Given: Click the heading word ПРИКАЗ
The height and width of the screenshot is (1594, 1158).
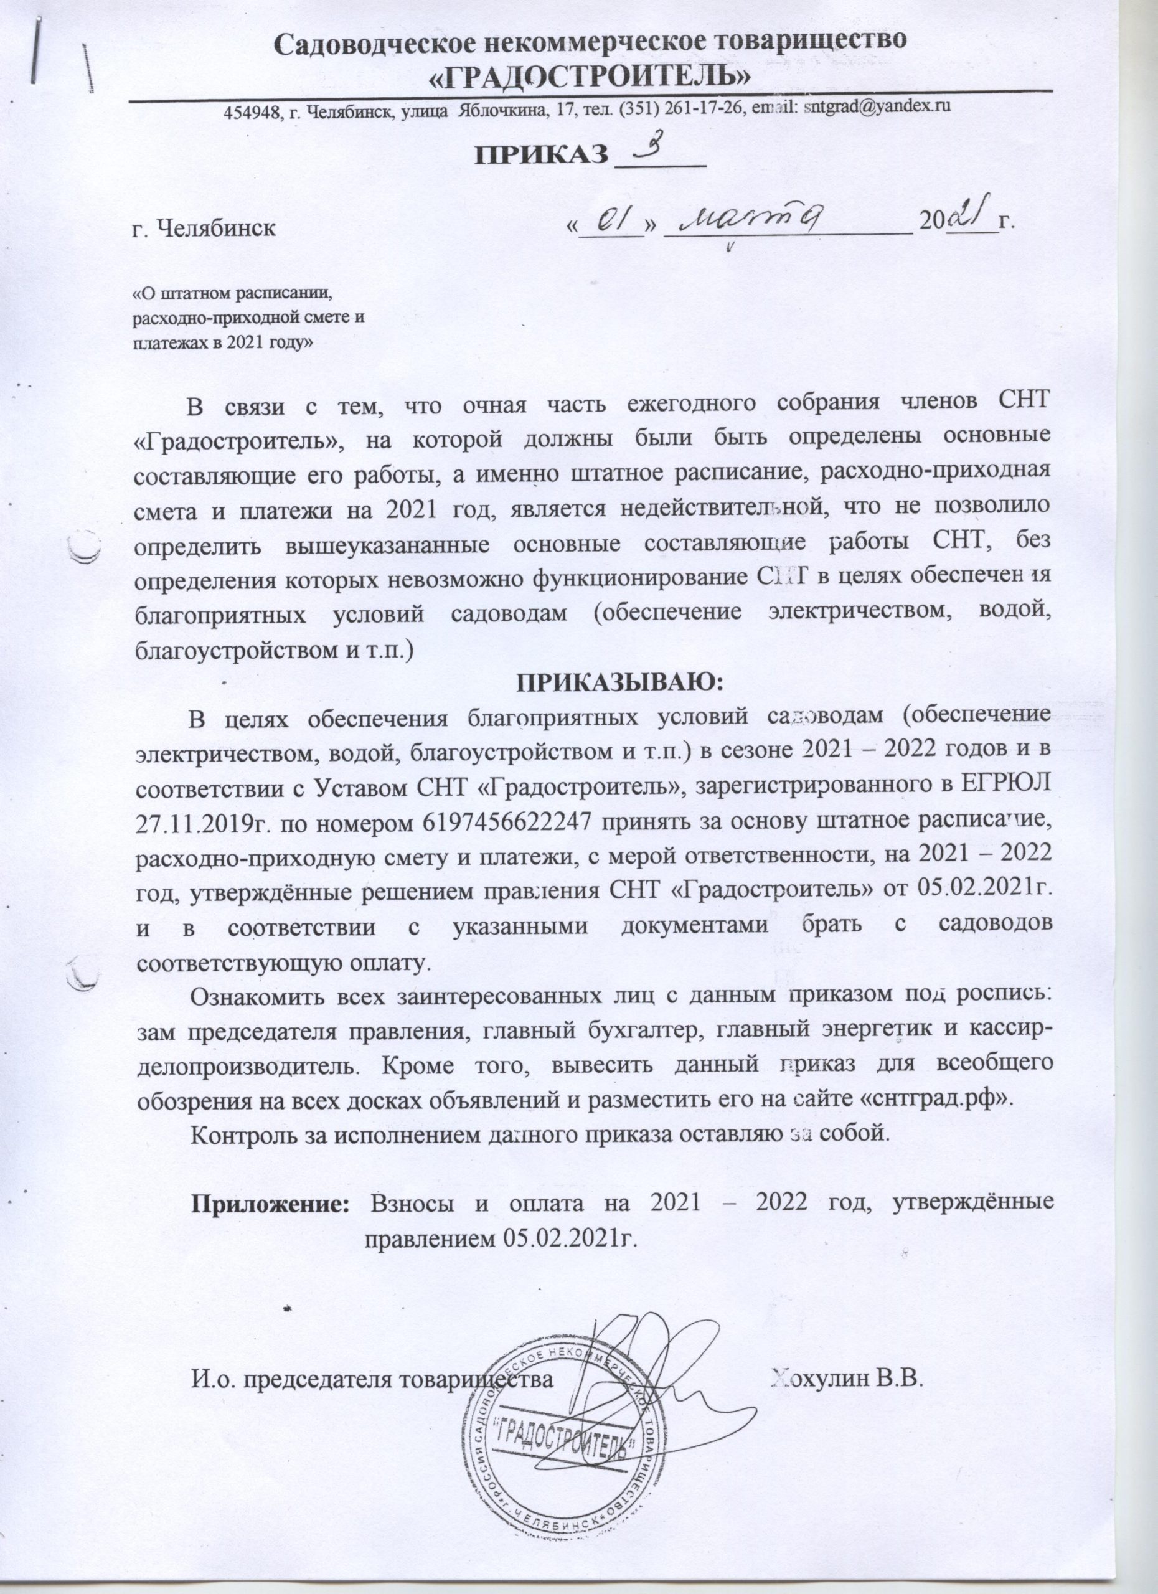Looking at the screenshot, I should pyautogui.click(x=541, y=154).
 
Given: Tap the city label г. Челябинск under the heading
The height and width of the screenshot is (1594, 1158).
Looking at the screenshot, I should pyautogui.click(x=204, y=229).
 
